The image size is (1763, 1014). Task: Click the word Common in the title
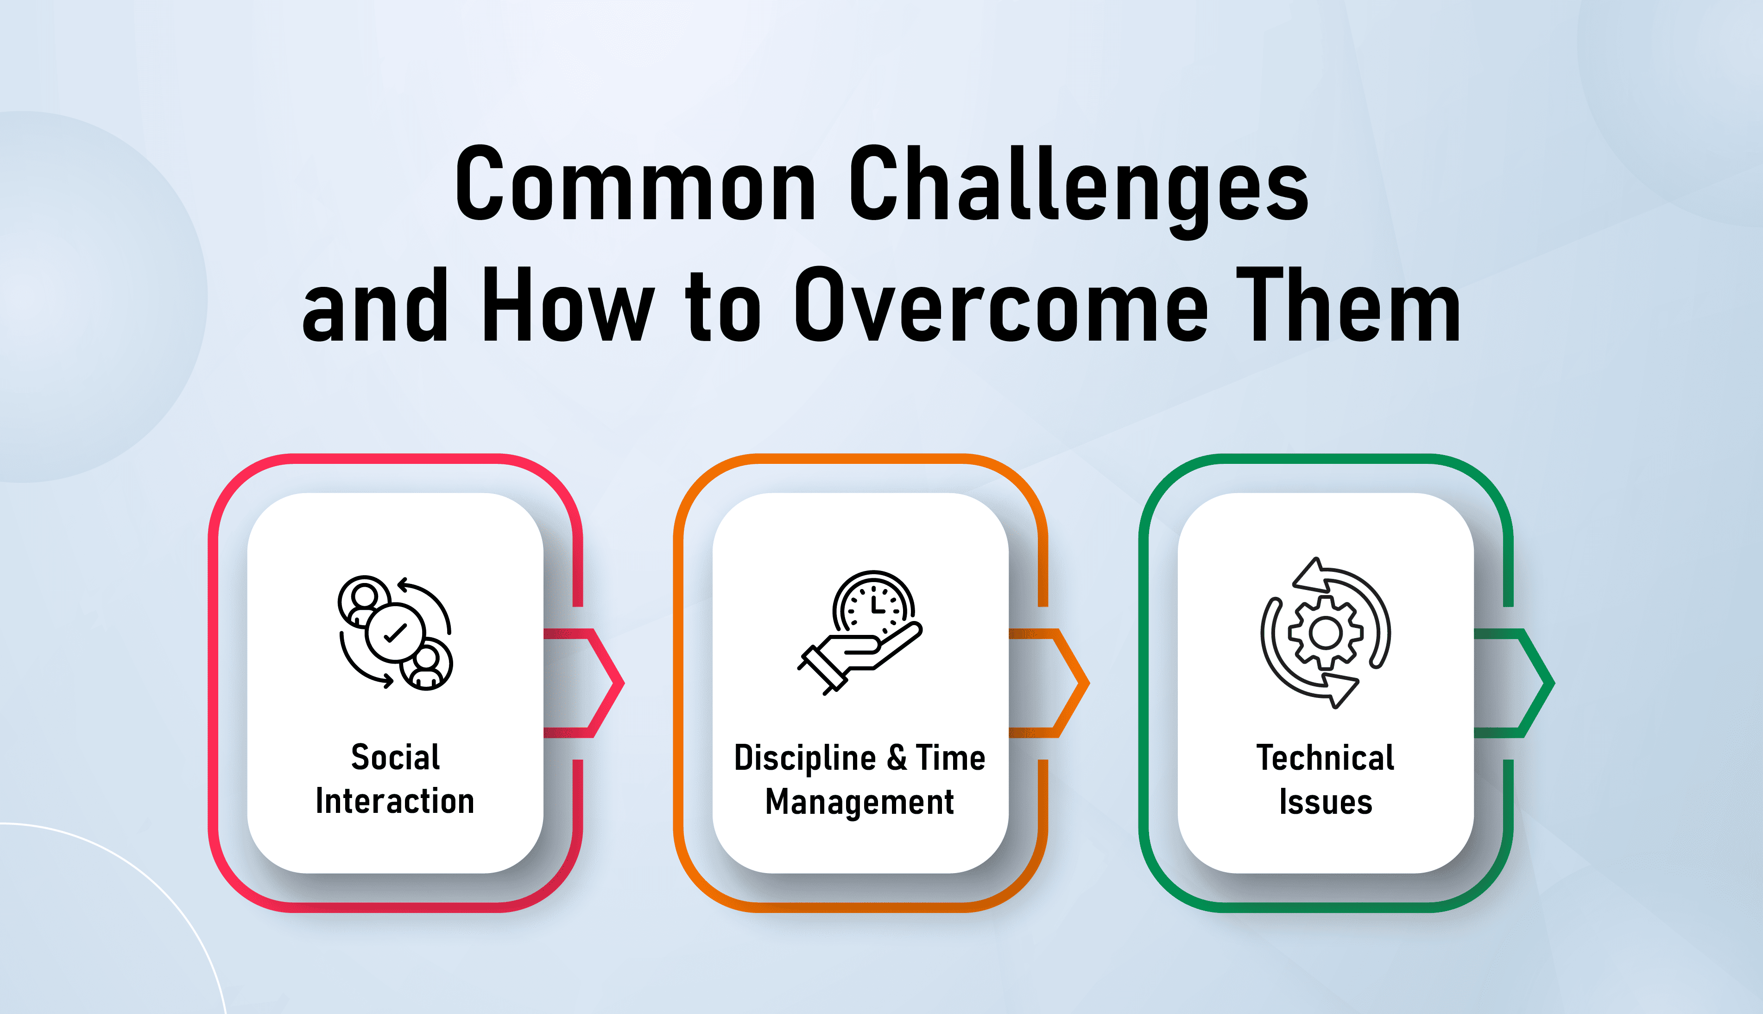pos(636,184)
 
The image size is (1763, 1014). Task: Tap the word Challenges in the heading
pos(1079,191)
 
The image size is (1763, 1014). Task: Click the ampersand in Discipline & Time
pos(897,758)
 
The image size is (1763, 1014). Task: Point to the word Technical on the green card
pos(1325,758)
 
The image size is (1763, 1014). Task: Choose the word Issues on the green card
pos(1326,802)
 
